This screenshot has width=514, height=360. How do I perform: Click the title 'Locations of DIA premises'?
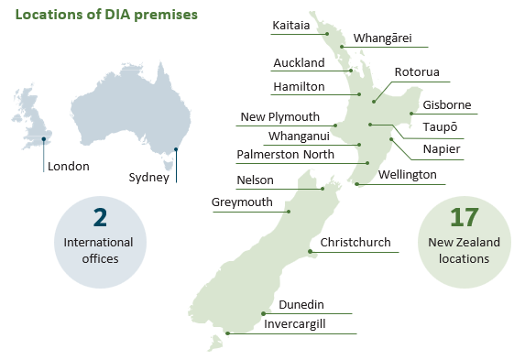(x=106, y=16)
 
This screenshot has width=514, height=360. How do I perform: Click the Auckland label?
(x=299, y=63)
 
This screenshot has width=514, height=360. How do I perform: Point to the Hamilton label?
(x=299, y=87)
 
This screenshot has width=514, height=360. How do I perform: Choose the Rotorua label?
(x=417, y=72)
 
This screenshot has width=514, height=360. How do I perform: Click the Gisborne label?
(x=446, y=105)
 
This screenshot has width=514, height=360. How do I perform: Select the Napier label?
(x=441, y=149)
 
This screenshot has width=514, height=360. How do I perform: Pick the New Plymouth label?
(x=279, y=117)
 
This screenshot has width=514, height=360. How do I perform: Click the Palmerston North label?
(x=285, y=155)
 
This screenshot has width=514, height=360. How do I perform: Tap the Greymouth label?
(x=242, y=202)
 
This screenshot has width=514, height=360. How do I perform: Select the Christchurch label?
(x=355, y=244)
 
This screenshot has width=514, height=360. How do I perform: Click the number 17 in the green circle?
(x=463, y=218)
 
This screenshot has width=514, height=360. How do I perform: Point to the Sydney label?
(x=148, y=178)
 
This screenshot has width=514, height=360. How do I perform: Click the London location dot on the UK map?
(x=43, y=140)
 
